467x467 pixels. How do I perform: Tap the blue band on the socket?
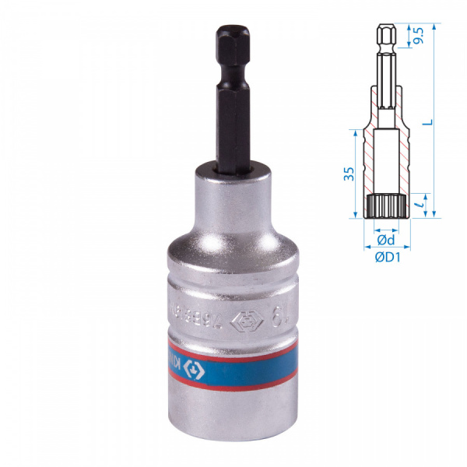point(233,362)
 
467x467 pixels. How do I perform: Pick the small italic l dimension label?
point(418,204)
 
